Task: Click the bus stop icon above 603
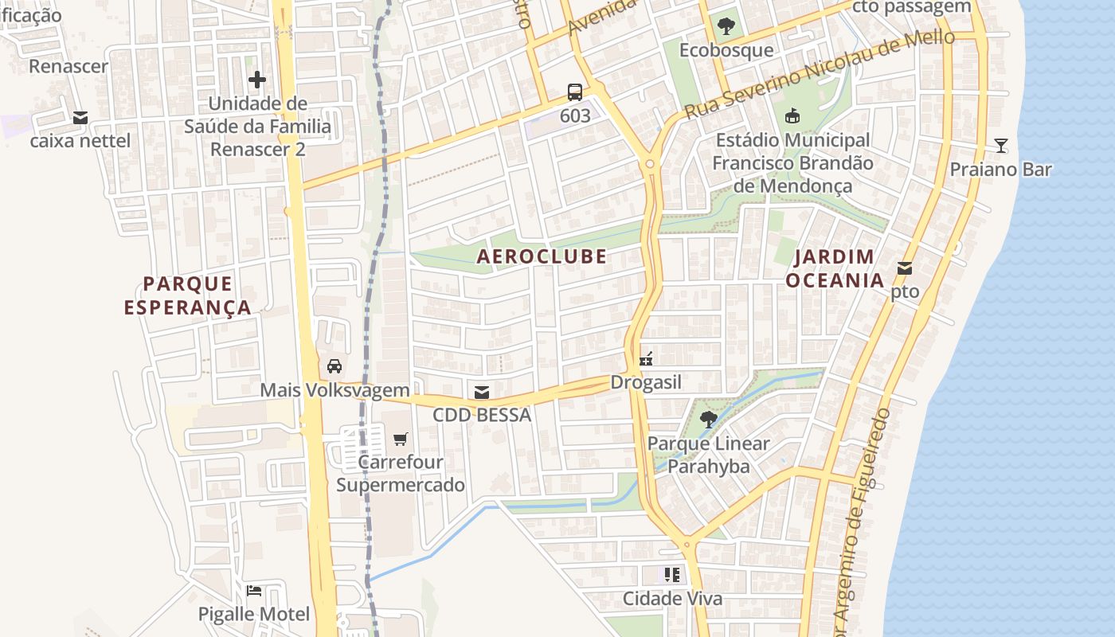(575, 92)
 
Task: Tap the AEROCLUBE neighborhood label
(542, 256)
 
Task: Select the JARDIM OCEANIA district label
(835, 268)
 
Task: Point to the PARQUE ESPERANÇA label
(188, 295)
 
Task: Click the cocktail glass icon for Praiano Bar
(1001, 146)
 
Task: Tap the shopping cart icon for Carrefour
(401, 439)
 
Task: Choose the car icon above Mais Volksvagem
(334, 366)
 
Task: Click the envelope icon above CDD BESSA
(481, 392)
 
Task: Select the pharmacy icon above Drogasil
(646, 358)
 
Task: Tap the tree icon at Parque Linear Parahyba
(708, 419)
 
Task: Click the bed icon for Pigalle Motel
(254, 590)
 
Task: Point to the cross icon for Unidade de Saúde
(257, 80)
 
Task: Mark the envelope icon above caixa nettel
(80, 118)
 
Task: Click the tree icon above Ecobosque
(726, 26)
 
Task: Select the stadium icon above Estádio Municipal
(792, 116)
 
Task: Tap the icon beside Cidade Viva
(672, 574)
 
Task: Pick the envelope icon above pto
(905, 268)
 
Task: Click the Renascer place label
(68, 66)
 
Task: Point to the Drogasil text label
(646, 382)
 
